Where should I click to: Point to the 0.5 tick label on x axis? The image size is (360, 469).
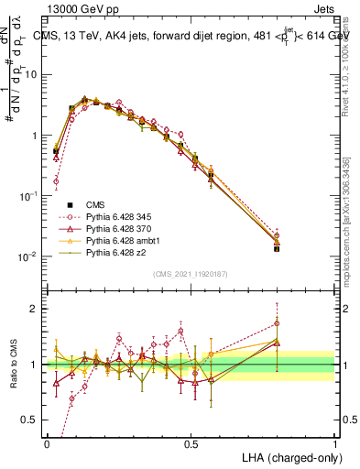(x=191, y=443)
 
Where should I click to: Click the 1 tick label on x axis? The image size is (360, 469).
(x=335, y=443)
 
